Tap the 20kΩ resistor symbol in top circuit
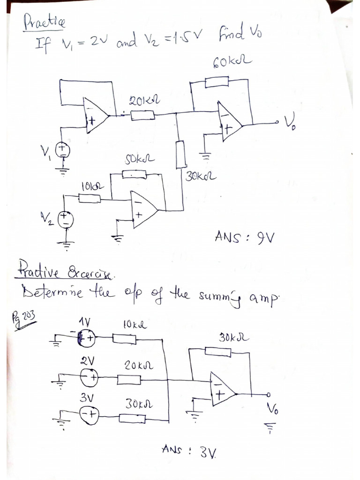[142, 115]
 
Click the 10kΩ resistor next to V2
[89, 199]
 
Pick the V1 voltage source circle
[63, 150]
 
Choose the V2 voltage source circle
[65, 219]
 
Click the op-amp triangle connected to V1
[95, 115]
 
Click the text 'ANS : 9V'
[244, 237]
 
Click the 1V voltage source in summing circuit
[87, 337]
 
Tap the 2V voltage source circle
[89, 377]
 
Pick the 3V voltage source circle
[89, 414]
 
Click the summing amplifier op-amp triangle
[222, 389]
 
